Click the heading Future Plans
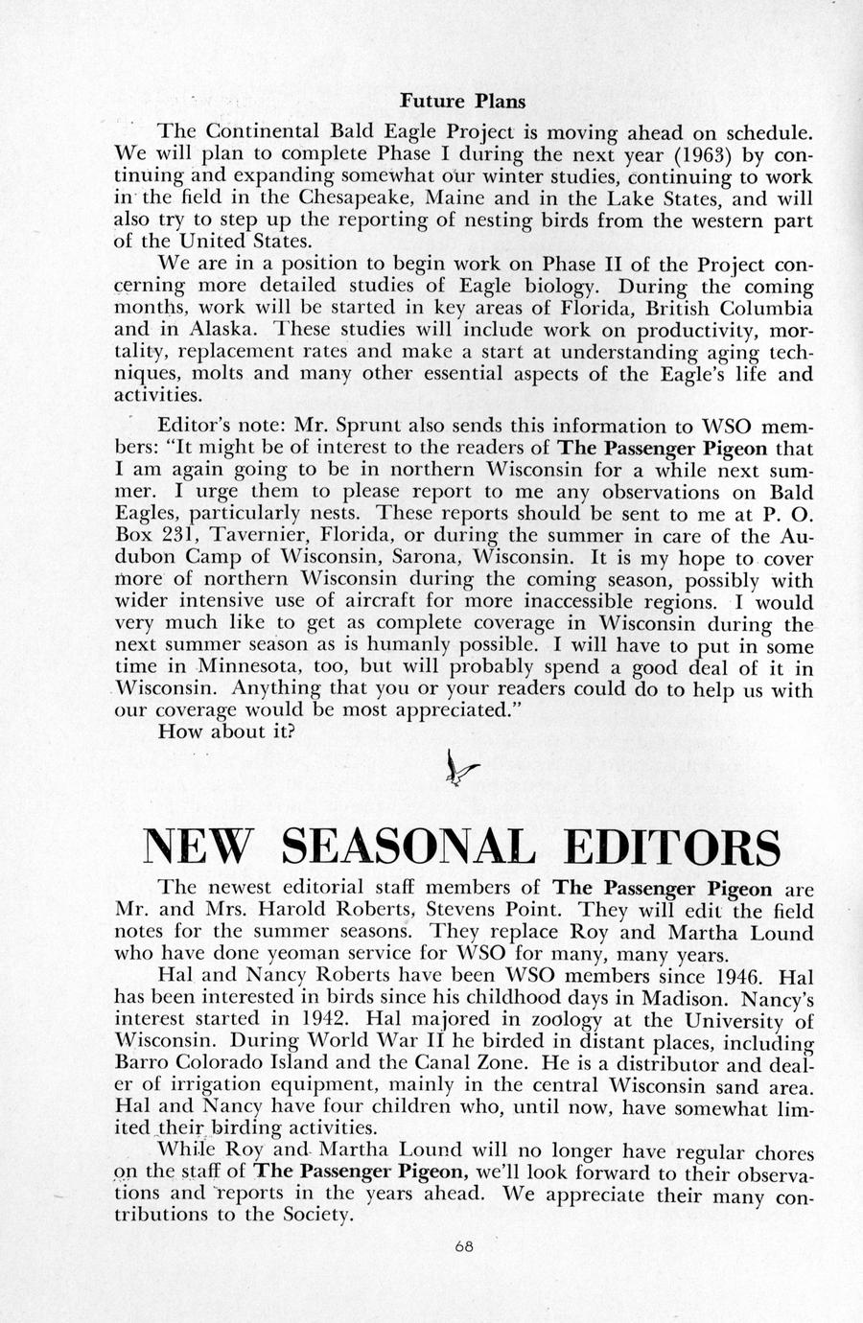tap(462, 100)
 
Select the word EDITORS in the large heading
tap(672, 846)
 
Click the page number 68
tap(464, 1246)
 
